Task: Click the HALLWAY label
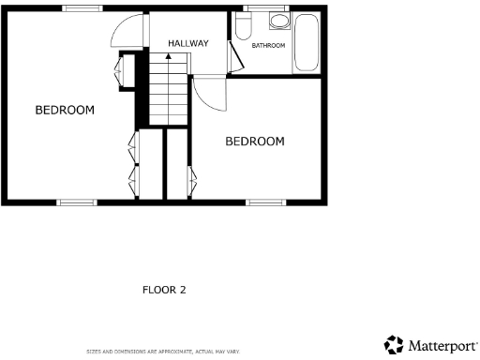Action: [x=187, y=43]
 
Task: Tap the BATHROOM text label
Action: [x=267, y=45]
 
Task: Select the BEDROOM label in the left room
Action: [x=65, y=110]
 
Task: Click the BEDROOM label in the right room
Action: [x=254, y=141]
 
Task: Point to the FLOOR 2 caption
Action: [x=164, y=290]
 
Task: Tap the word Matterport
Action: [x=442, y=345]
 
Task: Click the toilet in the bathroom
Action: [x=243, y=26]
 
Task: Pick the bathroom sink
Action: [x=278, y=22]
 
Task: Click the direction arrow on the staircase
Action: [x=169, y=58]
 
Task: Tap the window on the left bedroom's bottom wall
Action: [x=76, y=202]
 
